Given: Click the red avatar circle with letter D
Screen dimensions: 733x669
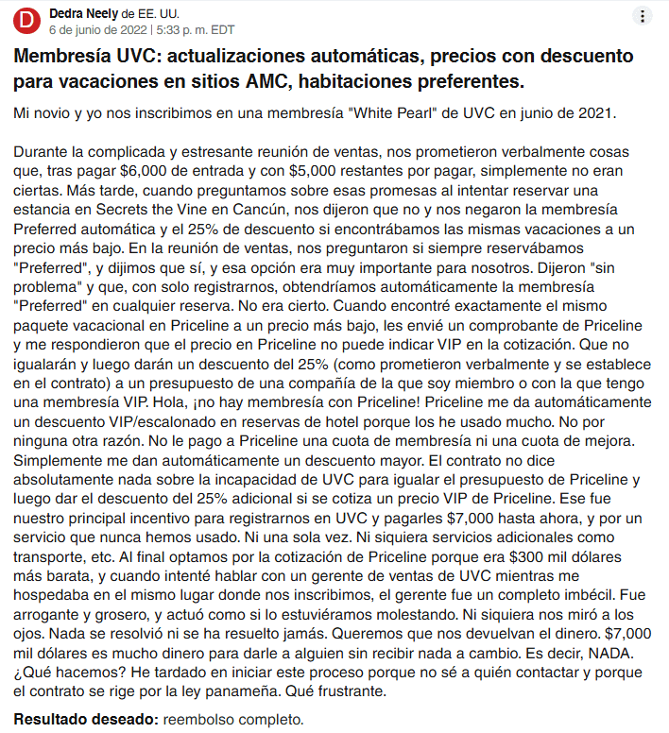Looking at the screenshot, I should click(29, 21).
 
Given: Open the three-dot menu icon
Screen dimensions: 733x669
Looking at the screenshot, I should click(643, 16).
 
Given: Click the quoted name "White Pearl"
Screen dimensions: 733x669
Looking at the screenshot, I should click(394, 113).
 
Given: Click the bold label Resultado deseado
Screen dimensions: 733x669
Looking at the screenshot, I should click(85, 719).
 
